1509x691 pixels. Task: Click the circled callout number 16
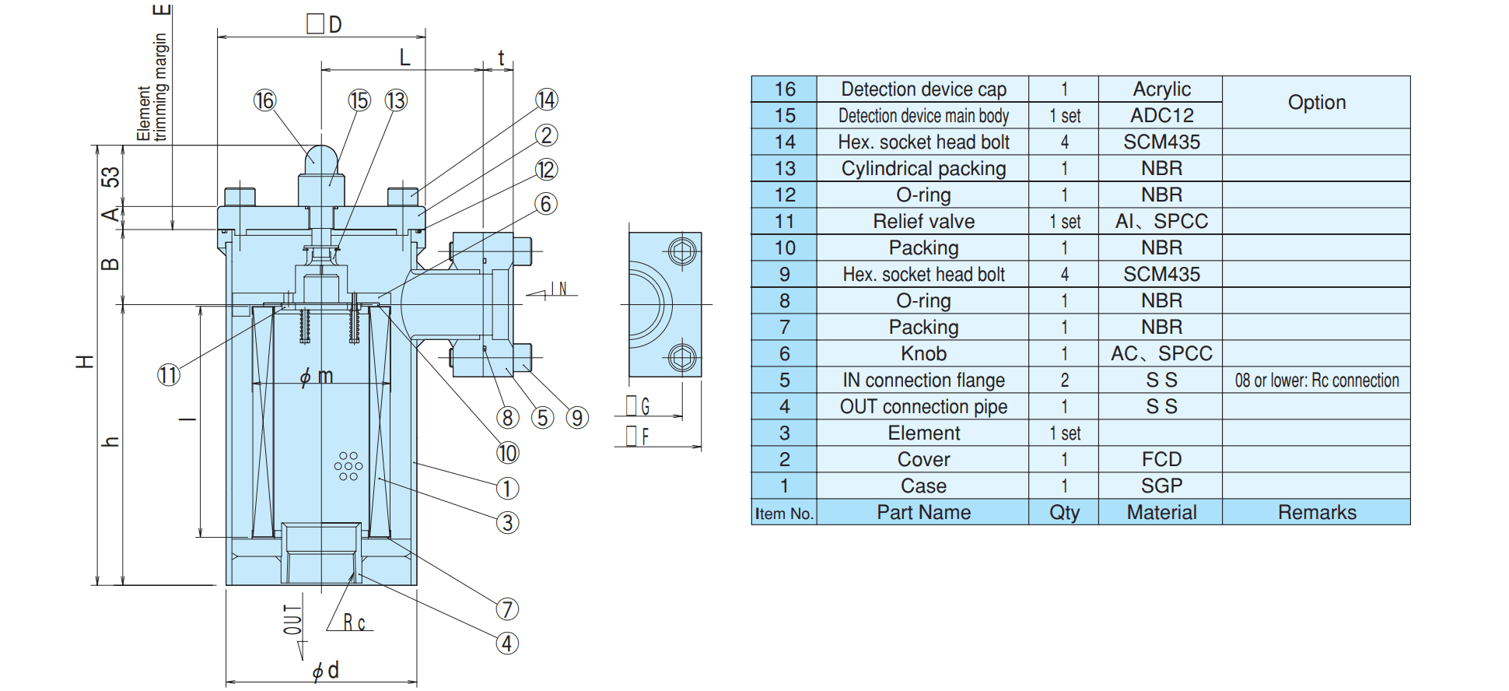click(x=264, y=100)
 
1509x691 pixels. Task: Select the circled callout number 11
click(x=169, y=375)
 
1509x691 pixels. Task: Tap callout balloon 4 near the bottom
click(x=507, y=644)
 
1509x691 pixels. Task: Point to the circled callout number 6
click(x=546, y=204)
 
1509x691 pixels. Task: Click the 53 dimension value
click(x=110, y=177)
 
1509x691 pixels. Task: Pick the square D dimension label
click(x=324, y=24)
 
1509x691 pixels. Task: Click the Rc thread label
click(x=354, y=623)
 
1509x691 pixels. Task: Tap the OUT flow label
click(x=292, y=619)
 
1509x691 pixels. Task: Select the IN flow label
click(x=559, y=289)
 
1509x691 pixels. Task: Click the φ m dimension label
click(x=317, y=377)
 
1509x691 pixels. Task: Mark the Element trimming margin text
click(x=152, y=87)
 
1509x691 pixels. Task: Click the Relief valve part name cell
click(x=923, y=221)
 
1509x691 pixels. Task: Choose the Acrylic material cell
click(x=1161, y=89)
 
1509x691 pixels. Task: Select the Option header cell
click(x=1316, y=102)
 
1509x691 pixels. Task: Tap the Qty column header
click(x=1064, y=512)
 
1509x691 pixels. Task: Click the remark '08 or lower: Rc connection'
click(x=1317, y=380)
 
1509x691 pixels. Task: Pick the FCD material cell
click(x=1161, y=459)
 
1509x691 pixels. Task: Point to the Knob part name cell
click(x=923, y=353)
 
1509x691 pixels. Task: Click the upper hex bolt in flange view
click(x=682, y=252)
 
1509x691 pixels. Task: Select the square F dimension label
click(x=638, y=437)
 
